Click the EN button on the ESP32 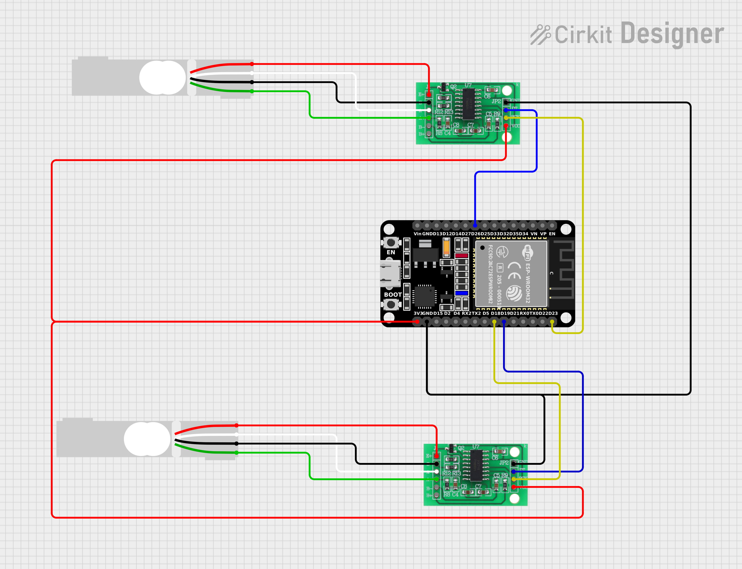click(x=391, y=243)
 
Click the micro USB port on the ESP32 click(x=390, y=273)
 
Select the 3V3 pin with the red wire click(x=417, y=321)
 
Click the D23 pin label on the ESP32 click(x=553, y=313)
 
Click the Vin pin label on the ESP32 click(x=417, y=234)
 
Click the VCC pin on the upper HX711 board click(x=506, y=126)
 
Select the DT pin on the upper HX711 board click(x=506, y=110)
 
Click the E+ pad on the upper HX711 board click(x=429, y=94)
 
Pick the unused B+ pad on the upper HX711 click(x=429, y=134)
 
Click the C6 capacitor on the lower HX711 click(x=500, y=451)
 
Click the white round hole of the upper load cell click(x=162, y=78)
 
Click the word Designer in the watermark click(x=672, y=34)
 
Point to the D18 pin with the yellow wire click(x=494, y=321)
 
